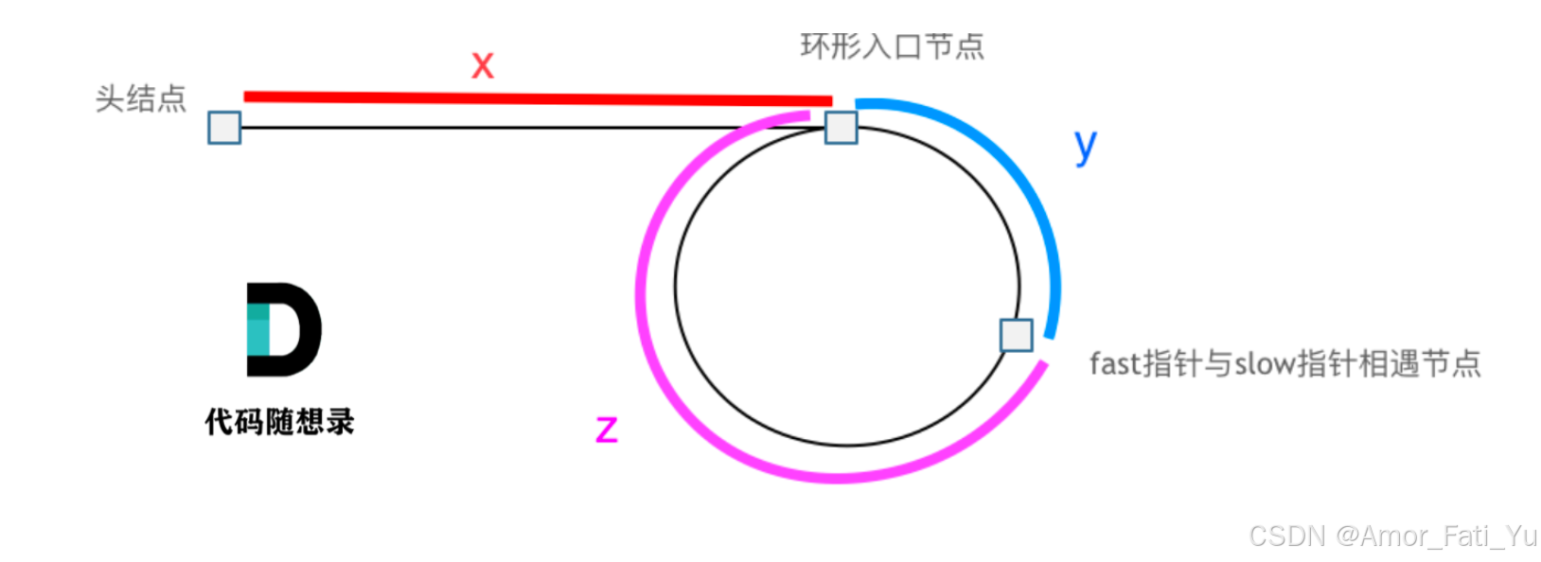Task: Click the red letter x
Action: (483, 65)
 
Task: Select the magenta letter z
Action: (607, 430)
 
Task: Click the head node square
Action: (224, 128)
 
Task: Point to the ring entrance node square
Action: (841, 127)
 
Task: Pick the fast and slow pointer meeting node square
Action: (1017, 335)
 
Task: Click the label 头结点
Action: (141, 98)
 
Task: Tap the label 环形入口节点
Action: (892, 46)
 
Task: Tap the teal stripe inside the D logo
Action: (257, 329)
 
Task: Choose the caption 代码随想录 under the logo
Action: (279, 421)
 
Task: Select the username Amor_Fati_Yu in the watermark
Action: (1448, 536)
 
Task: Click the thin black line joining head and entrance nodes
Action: (511, 128)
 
